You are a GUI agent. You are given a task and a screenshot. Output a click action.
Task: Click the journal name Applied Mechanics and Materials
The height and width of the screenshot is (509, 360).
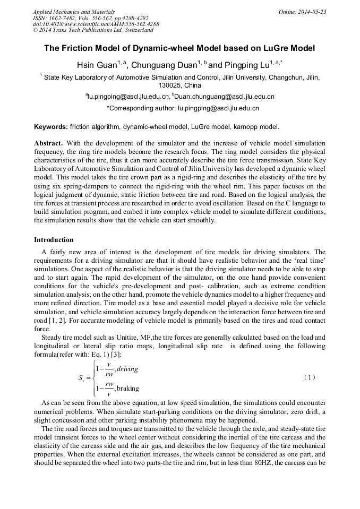click(73, 12)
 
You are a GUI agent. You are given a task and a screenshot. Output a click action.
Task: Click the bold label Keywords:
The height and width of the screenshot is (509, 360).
click(51, 127)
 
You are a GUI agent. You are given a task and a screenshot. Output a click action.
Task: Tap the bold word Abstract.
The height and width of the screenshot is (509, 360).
click(49, 143)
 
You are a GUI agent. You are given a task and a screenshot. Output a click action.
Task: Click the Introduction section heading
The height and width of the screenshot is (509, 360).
click(54, 240)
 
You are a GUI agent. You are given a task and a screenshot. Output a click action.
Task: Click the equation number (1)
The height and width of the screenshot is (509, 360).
click(310, 377)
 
